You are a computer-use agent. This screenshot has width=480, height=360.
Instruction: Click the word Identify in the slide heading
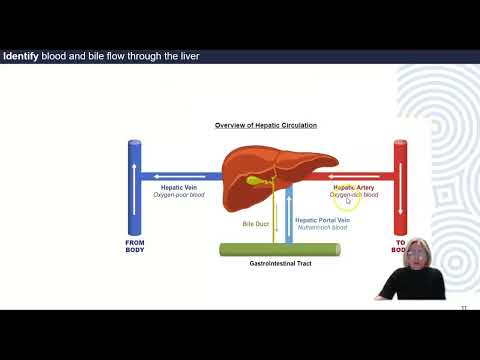(20, 56)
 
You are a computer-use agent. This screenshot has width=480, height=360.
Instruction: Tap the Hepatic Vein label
(178, 186)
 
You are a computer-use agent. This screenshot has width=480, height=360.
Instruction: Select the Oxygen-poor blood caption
(178, 195)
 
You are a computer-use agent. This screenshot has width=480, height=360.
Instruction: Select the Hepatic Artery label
(354, 186)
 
